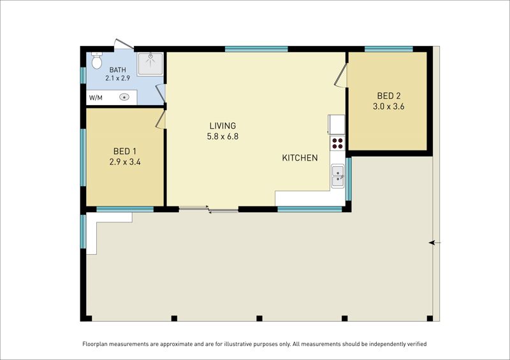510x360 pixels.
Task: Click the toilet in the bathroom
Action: pos(97,60)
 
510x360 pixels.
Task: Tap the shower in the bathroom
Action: pos(150,64)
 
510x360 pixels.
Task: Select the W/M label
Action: pos(96,97)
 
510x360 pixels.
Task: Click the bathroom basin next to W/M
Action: pos(124,97)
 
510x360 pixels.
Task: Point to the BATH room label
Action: pos(118,70)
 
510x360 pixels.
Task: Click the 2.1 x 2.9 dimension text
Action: pos(118,78)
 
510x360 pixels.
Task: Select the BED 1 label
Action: pos(125,151)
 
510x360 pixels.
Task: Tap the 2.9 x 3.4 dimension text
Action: pos(125,162)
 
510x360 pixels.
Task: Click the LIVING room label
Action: pos(222,126)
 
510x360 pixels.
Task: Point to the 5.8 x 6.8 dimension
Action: pos(222,136)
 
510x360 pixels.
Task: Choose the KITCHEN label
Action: pos(300,158)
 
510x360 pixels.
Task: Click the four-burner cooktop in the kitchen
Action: pos(338,143)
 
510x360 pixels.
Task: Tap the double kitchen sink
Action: pos(338,176)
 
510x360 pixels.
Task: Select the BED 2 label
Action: pos(389,96)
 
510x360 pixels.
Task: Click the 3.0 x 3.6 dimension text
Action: pos(389,106)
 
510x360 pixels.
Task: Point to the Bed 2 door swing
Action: pos(341,75)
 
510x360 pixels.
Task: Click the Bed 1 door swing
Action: pos(161,119)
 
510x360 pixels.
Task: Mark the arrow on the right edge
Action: pos(435,243)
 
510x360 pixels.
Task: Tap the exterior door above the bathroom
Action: pos(124,44)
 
